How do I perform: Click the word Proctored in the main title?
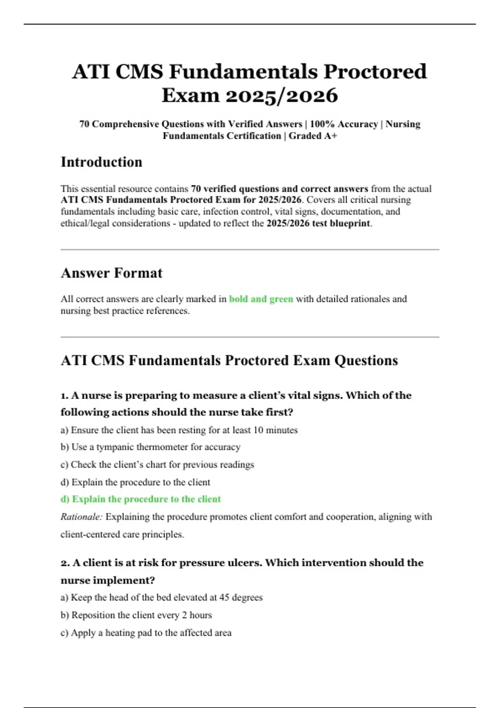pos(375,71)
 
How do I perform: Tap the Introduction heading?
pos(101,162)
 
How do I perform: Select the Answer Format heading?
pos(111,273)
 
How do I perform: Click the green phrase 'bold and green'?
pos(261,299)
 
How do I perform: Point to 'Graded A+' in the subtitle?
pos(313,136)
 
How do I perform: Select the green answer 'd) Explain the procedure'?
pos(140,499)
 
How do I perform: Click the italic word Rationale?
pos(81,517)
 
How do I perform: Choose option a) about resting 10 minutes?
pos(179,430)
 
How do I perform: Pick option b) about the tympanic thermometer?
pos(150,447)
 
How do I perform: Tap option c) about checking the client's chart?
pos(157,464)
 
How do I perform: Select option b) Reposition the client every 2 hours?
pos(136,615)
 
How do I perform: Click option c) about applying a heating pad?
pos(146,633)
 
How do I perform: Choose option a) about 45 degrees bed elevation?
pos(161,597)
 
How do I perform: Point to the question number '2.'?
pos(65,563)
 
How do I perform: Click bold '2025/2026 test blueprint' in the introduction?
pos(318,223)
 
